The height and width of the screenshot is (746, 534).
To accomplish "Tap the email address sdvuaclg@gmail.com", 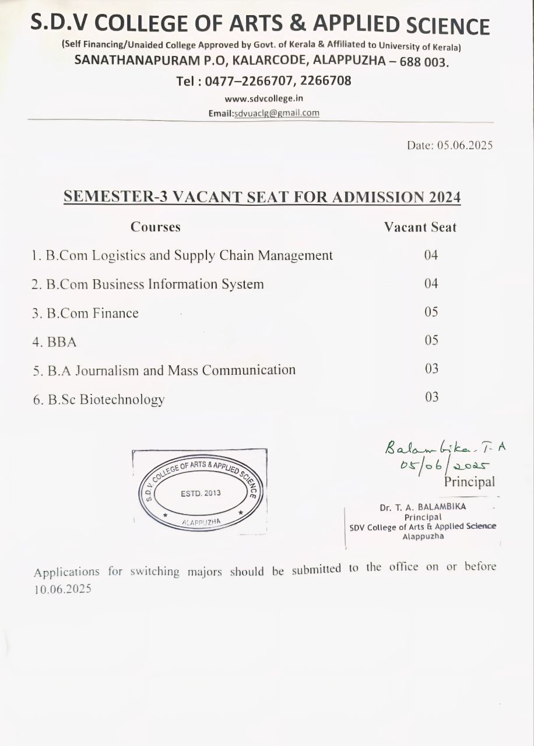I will coord(276,113).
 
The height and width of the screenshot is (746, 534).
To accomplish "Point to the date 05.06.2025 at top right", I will coord(465,145).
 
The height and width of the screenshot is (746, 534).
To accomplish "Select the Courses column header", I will coord(155,227).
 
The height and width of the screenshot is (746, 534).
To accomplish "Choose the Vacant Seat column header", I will coord(420,227).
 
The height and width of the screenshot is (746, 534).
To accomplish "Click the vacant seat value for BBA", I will coord(431,340).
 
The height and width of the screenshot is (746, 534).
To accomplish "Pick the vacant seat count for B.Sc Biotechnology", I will coord(431,397).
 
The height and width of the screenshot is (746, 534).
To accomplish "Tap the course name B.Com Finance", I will coord(92,314).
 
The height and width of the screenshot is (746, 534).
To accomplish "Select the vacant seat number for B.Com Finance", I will coord(431,312).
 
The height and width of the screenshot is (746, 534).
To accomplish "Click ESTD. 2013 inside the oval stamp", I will coord(201,493).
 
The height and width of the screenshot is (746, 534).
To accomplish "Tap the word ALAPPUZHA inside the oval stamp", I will coord(201,522).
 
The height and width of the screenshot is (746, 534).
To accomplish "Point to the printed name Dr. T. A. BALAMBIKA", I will coord(423,507).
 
